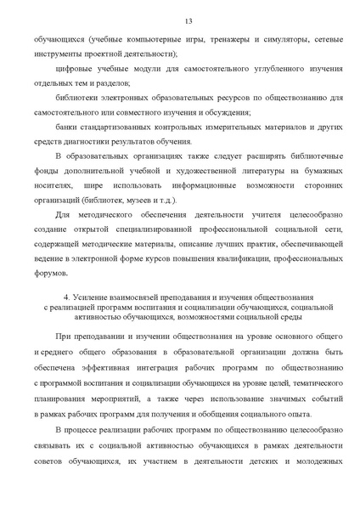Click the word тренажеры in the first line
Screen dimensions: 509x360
195,39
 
